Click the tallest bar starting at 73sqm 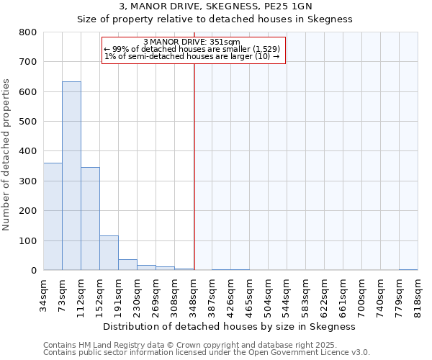71,176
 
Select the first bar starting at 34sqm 53,216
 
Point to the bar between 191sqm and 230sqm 127,264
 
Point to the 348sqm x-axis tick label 193,293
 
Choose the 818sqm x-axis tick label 418,293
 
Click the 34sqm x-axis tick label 43,293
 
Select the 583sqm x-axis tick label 305,293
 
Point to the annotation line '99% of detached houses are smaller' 194,49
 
